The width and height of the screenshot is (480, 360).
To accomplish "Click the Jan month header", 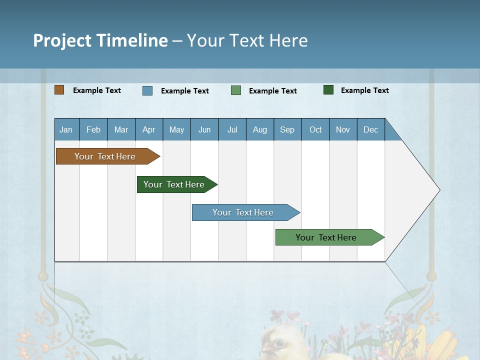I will [66, 129].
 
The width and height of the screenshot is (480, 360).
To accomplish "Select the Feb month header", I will [93, 129].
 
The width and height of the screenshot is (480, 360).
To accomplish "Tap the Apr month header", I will [148, 129].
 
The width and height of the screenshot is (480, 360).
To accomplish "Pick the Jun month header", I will [204, 129].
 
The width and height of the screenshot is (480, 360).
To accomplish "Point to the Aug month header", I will [260, 129].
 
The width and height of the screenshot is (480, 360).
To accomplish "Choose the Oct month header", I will [315, 129].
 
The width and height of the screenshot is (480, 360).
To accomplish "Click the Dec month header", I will [371, 129].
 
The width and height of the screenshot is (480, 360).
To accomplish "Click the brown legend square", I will [59, 90].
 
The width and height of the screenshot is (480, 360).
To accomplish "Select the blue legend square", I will [147, 90].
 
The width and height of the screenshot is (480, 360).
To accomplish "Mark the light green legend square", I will [236, 90].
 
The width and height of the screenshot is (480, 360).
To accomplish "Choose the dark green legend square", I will [328, 90].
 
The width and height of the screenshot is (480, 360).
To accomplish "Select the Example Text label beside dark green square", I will [364, 90].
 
